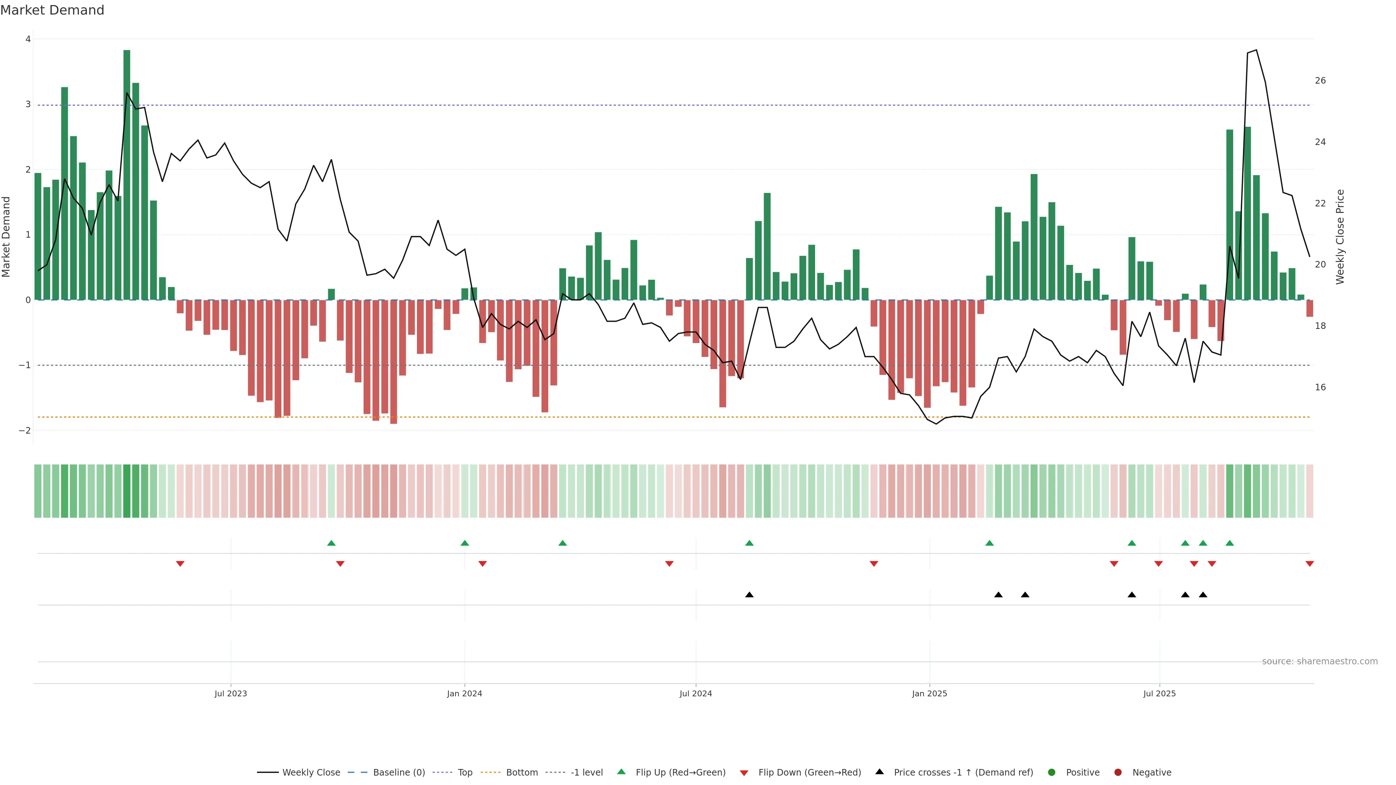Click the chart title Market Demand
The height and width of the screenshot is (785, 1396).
(x=52, y=10)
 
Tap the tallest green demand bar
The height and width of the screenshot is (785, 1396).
(x=127, y=173)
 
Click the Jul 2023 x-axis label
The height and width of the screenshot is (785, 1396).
(x=230, y=693)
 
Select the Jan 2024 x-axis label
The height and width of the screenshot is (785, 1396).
(x=465, y=693)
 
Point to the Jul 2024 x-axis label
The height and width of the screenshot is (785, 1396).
(x=696, y=693)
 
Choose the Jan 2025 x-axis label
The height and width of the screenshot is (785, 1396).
(x=930, y=693)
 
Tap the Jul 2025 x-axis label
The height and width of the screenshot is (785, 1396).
(x=1159, y=693)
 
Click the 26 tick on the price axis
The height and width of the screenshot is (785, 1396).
(x=1320, y=81)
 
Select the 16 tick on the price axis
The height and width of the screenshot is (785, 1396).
(x=1320, y=387)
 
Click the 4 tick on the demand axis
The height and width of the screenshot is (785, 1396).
(x=28, y=39)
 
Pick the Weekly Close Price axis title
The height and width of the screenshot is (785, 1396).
(x=1340, y=237)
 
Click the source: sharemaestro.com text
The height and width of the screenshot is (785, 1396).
(x=1320, y=661)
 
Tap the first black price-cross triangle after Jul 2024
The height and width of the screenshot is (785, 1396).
(x=750, y=595)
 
